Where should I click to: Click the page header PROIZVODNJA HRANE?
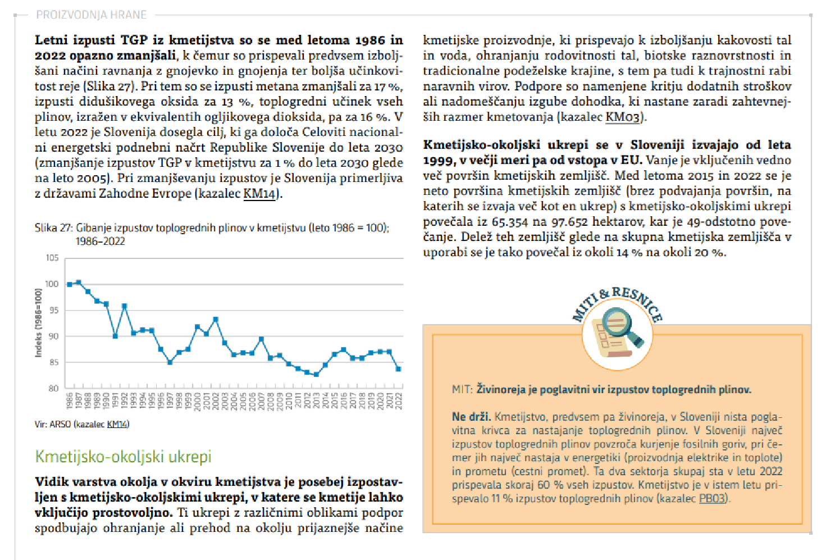coord(92,15)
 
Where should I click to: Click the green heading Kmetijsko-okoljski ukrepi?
coord(123,457)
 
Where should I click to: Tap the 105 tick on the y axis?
coord(52,258)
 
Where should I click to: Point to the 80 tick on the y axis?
coord(53,388)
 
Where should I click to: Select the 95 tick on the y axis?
coord(53,310)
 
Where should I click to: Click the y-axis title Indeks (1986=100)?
coord(38,323)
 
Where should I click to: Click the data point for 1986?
coord(70,284)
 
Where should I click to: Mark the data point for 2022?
coord(399,369)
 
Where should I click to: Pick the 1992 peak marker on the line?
coord(124,306)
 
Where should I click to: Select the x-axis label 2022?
coord(399,401)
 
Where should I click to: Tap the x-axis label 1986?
coord(70,401)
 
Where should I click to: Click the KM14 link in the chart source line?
coord(117,424)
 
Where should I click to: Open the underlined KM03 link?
coord(623,117)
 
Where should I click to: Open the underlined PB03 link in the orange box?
coord(713,498)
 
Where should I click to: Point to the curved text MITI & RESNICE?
coord(618,301)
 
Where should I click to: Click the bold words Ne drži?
coord(471,417)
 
